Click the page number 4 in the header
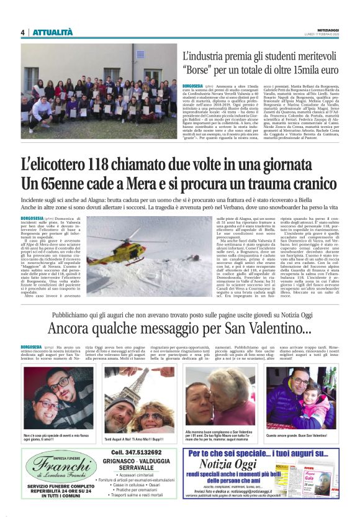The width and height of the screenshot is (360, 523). [22, 32]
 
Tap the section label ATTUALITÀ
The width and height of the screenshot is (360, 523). [53, 32]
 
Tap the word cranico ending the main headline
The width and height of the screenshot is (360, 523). [308, 184]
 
